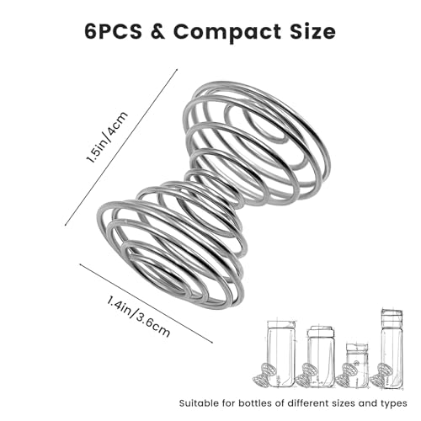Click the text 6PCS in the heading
pyautogui.click(x=113, y=31)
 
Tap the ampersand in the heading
pyautogui.click(x=157, y=31)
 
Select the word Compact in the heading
pyautogui.click(x=226, y=33)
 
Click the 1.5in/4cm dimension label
pyautogui.click(x=107, y=137)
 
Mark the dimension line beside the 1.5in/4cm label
pyautogui.click(x=121, y=147)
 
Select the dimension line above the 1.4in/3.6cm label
pyautogui.click(x=147, y=303)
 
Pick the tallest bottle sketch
pyautogui.click(x=392, y=349)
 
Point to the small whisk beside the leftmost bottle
pyautogui.click(x=264, y=375)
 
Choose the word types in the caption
pyautogui.click(x=394, y=404)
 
